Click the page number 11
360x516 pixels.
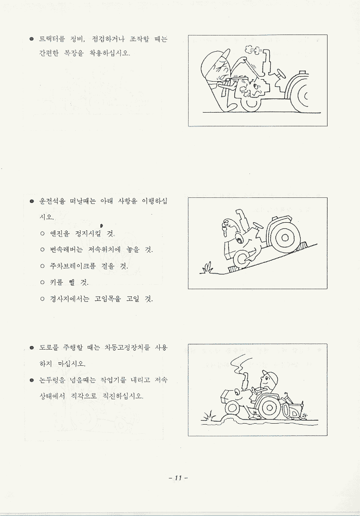click(x=178, y=478)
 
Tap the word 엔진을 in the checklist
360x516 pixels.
click(x=60, y=234)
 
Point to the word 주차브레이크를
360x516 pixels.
click(x=73, y=266)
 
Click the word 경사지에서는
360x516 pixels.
click(x=69, y=299)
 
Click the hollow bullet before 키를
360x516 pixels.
click(x=43, y=283)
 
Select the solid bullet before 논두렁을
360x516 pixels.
click(x=32, y=381)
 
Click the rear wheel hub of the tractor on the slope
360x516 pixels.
click(x=285, y=237)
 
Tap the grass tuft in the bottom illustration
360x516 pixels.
click(x=208, y=416)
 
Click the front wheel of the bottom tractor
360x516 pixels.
click(x=232, y=408)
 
